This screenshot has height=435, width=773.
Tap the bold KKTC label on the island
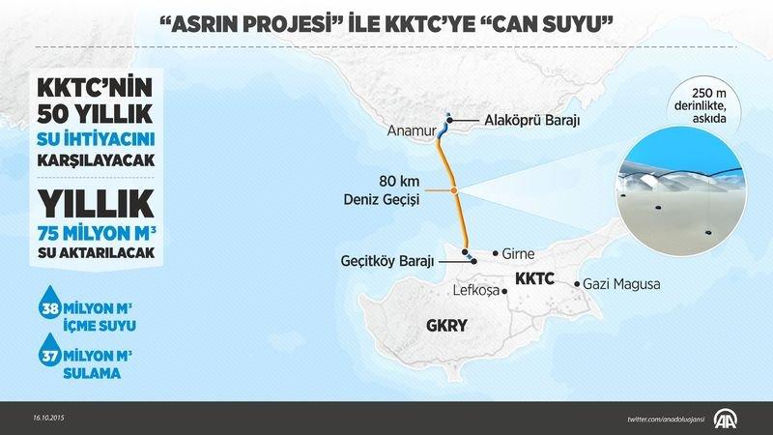tap(534, 277)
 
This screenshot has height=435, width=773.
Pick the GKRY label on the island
tap(446, 327)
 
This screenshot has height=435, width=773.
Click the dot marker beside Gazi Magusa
tap(577, 284)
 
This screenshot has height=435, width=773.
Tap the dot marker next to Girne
tap(495, 253)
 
